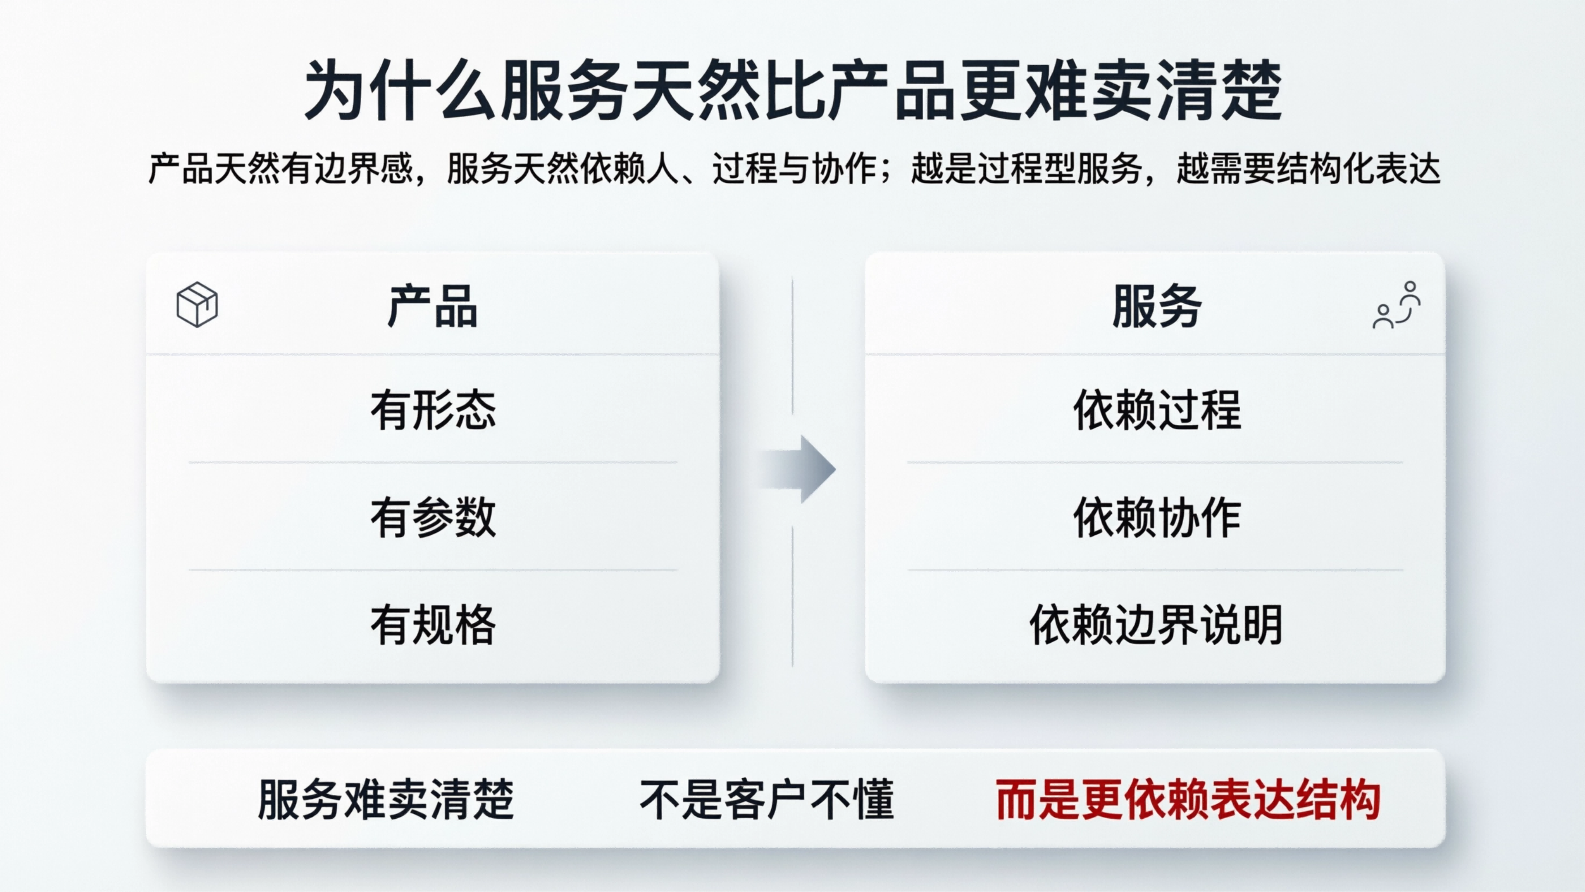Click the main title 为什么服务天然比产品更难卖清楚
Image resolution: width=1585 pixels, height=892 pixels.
coord(792,91)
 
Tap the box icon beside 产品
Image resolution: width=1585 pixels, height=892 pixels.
coord(197,304)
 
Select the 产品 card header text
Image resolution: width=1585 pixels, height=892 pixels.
coord(433,306)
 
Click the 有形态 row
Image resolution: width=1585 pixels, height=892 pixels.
coord(433,410)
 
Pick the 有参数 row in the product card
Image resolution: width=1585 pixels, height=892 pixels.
coord(433,517)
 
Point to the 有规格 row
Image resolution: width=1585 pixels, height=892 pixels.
coord(433,624)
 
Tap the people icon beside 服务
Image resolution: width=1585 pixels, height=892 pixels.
coord(1396,305)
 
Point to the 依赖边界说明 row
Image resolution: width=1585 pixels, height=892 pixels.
coord(1156,624)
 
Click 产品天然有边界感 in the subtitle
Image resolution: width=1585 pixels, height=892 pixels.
coord(280,168)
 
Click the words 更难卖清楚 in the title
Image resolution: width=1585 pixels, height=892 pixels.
coord(1120,91)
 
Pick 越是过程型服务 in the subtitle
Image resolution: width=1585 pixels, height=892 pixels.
coord(1026,168)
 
